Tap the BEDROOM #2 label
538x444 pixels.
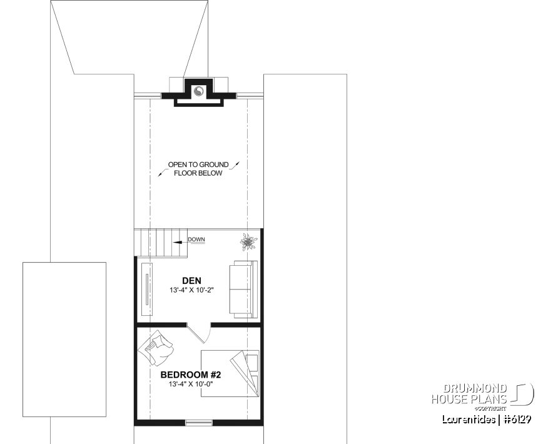[191, 375]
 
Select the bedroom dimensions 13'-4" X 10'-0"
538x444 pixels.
[191, 385]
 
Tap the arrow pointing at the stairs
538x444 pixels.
[180, 240]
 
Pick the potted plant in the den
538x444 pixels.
[248, 241]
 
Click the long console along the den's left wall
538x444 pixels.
[148, 290]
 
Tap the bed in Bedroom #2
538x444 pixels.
[230, 372]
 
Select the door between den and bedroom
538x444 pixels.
[200, 331]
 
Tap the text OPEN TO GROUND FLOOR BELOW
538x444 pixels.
[198, 169]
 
